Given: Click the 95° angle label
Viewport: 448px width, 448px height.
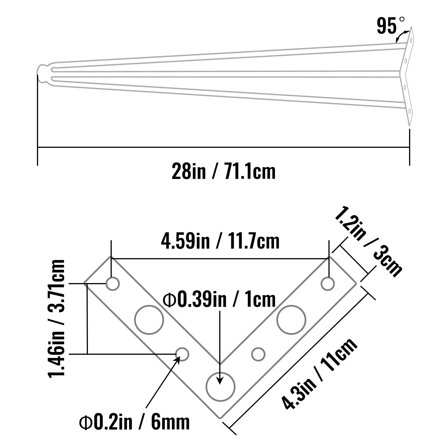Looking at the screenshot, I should coord(390,26).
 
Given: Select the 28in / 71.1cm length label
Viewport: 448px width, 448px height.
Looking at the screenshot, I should coord(223,171).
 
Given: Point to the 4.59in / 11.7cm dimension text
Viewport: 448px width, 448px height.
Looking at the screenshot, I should coord(220,241).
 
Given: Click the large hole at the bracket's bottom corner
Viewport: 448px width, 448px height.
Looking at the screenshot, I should coord(220,387).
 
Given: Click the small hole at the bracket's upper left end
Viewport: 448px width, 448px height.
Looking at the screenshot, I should coord(113,284).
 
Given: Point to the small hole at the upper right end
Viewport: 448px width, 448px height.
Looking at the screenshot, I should coord(328,284).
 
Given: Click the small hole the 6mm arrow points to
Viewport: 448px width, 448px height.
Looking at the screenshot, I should coord(182,354).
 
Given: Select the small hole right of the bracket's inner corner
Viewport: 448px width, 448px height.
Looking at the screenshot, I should coord(258,354).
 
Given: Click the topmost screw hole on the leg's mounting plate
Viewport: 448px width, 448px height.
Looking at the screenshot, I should coord(411,40).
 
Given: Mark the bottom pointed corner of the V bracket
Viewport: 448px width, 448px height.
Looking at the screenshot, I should coord(220,418).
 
